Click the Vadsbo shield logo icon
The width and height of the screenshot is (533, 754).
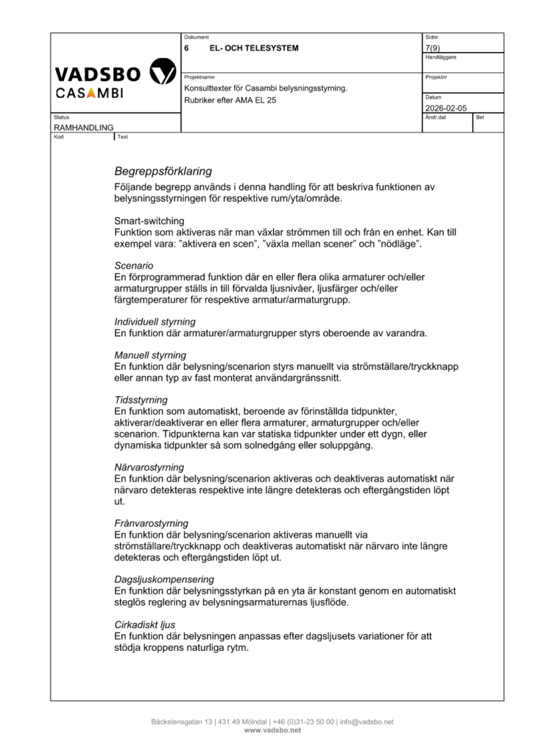click(162, 72)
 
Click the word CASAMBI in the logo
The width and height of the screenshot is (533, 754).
click(89, 93)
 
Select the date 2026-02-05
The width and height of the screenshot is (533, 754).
click(446, 108)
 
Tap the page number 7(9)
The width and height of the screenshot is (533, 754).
click(434, 48)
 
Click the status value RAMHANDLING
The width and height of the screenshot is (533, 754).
click(83, 127)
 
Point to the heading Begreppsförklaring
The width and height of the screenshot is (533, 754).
click(163, 172)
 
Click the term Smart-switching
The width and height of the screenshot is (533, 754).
click(149, 221)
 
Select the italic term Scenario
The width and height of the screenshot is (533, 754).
click(134, 265)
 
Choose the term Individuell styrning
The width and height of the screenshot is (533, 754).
click(155, 322)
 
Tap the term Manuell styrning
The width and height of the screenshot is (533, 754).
click(150, 355)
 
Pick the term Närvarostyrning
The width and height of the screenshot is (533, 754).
click(149, 467)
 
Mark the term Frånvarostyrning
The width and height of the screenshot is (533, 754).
click(151, 523)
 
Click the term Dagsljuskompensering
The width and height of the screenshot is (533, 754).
click(164, 579)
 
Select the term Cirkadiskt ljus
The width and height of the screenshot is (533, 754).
click(144, 624)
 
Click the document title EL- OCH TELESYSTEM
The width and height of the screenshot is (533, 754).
click(254, 48)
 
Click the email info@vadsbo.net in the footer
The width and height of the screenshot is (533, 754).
click(367, 722)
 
